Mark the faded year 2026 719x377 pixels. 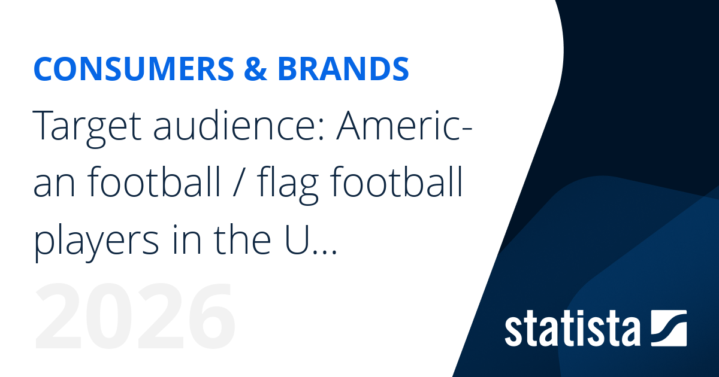coord(135,320)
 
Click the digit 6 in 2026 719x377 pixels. coord(206,320)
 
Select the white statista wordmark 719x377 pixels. coord(572,329)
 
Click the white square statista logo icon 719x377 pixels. coord(668,328)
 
